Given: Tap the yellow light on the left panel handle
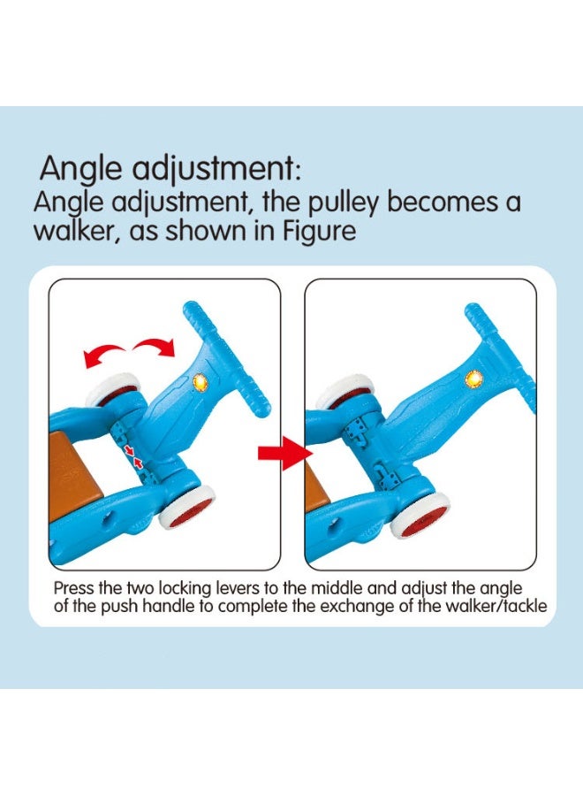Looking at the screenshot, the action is click(201, 382).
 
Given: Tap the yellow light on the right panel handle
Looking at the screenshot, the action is click(474, 379).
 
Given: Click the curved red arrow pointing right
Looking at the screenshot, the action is click(155, 348).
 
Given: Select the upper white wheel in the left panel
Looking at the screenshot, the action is click(112, 389).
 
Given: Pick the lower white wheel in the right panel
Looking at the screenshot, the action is click(419, 514).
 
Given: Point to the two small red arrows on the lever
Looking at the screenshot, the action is click(134, 455).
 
